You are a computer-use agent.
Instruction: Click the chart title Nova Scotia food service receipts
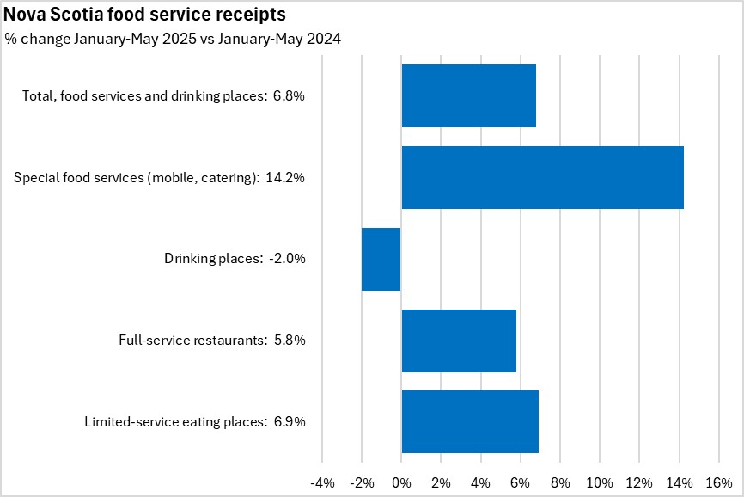pos(145,15)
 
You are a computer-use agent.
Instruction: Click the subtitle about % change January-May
pos(173,39)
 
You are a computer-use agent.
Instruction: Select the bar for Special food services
pos(542,177)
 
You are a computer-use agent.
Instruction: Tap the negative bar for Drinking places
pos(381,259)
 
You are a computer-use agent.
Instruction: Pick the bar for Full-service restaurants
pos(459,341)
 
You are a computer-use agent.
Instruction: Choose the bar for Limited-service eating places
pos(470,421)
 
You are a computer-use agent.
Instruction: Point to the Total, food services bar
pos(468,96)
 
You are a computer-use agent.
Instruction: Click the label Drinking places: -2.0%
pos(235,259)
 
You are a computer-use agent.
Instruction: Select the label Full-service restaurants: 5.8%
pos(212,341)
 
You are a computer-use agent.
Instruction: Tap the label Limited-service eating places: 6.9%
pos(195,422)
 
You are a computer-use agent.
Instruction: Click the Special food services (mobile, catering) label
pos(160,178)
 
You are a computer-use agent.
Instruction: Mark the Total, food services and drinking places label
pos(163,96)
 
